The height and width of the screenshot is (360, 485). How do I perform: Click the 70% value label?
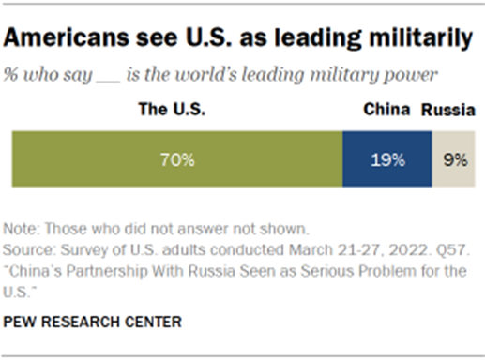176,159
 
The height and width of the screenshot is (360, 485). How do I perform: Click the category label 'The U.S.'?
171,110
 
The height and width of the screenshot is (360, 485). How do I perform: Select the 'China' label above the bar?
386,110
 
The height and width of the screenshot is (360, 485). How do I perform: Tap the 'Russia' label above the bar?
447,110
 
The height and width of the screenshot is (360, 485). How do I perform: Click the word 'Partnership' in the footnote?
105,272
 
